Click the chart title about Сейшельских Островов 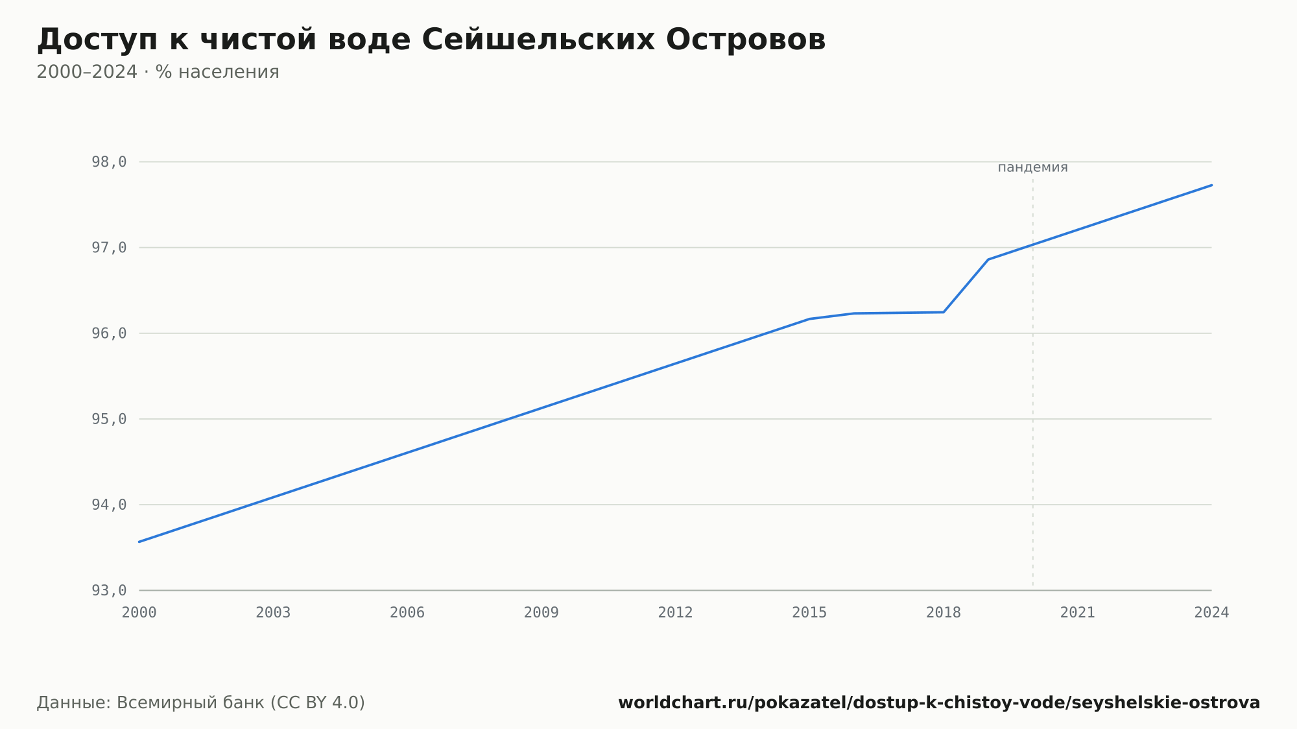431,40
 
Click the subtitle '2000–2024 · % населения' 158,72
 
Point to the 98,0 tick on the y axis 109,162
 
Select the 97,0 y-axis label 109,248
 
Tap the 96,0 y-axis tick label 109,333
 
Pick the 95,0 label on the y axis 109,419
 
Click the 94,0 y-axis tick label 109,505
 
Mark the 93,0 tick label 109,590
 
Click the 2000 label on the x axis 139,613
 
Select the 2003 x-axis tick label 273,613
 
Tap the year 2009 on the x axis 541,613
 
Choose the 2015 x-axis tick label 809,613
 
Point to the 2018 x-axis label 944,613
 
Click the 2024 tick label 1211,613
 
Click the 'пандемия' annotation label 1032,167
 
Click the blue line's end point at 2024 1211,185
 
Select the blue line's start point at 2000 139,542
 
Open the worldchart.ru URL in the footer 939,703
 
